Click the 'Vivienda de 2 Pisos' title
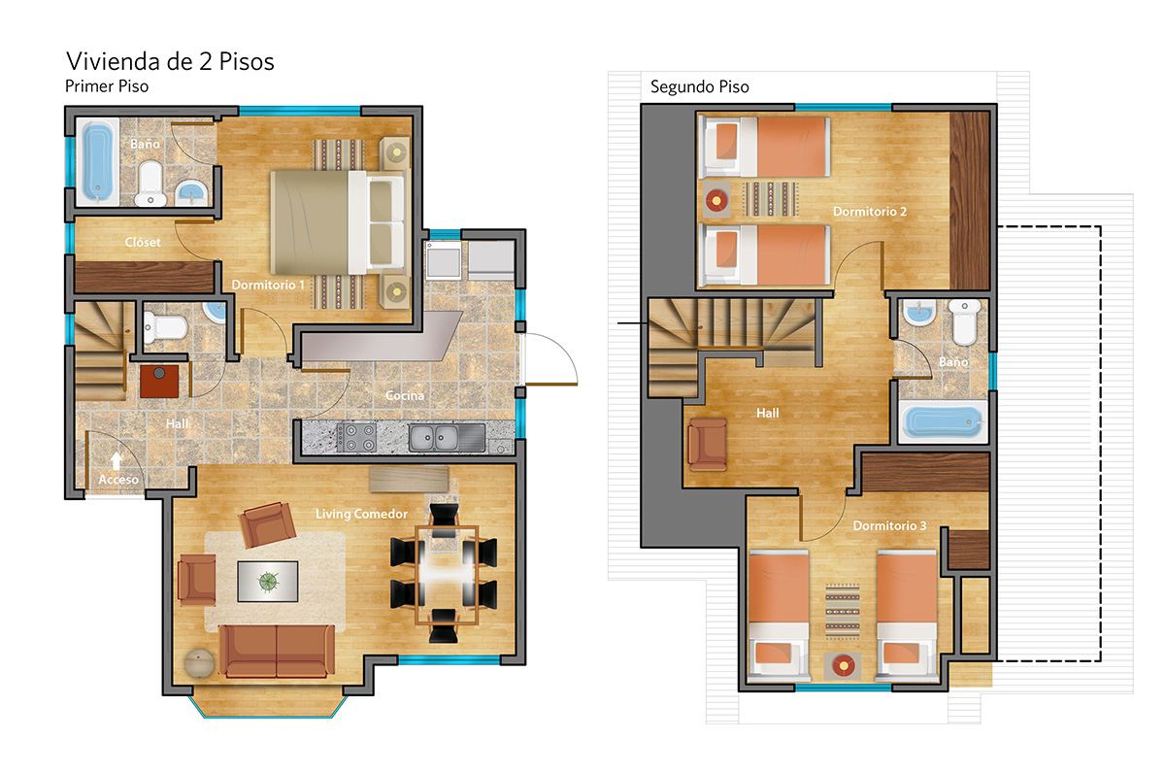click(x=170, y=61)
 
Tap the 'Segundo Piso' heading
click(x=700, y=86)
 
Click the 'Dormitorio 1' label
click(x=268, y=286)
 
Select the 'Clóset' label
click(x=143, y=242)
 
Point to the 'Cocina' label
click(x=405, y=395)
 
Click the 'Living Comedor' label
click(x=361, y=514)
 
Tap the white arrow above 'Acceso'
click(x=116, y=461)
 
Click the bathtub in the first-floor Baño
click(x=97, y=161)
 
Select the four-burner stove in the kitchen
click(x=356, y=437)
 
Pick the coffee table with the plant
click(x=268, y=582)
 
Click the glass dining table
click(x=447, y=575)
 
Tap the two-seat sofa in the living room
click(x=277, y=652)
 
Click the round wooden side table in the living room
click(x=199, y=662)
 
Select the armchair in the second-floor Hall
click(x=708, y=445)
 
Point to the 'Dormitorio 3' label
click(x=889, y=526)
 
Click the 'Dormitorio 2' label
click(x=870, y=212)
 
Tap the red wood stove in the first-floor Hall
click(x=159, y=381)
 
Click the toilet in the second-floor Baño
click(x=964, y=321)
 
